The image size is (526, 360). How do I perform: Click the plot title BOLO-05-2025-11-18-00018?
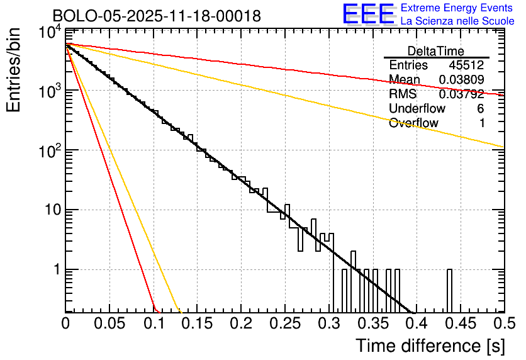pyautogui.click(x=157, y=16)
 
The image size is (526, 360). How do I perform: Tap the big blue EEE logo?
pyautogui.click(x=368, y=14)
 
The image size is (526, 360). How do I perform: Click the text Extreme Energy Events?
pyautogui.click(x=457, y=8)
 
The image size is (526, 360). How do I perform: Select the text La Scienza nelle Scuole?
pyautogui.click(x=457, y=21)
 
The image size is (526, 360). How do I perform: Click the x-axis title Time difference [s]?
pyautogui.click(x=429, y=346)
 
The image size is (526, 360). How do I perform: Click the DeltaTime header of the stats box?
pyautogui.click(x=436, y=51)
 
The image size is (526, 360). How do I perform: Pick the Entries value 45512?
pyautogui.click(x=466, y=65)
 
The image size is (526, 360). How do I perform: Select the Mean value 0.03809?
pyautogui.click(x=461, y=80)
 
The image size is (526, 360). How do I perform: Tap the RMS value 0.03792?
pyautogui.click(x=461, y=94)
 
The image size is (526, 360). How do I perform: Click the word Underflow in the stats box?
pyautogui.click(x=417, y=109)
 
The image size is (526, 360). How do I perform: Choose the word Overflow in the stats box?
pyautogui.click(x=413, y=123)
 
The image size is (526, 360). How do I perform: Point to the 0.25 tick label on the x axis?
pyautogui.click(x=284, y=323)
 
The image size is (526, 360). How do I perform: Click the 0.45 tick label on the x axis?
pyautogui.click(x=460, y=323)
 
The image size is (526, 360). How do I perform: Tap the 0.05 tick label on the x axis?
pyautogui.click(x=109, y=323)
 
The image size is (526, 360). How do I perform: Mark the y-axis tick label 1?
pyautogui.click(x=55, y=269)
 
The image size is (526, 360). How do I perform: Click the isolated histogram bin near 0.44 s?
pyautogui.click(x=449, y=290)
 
